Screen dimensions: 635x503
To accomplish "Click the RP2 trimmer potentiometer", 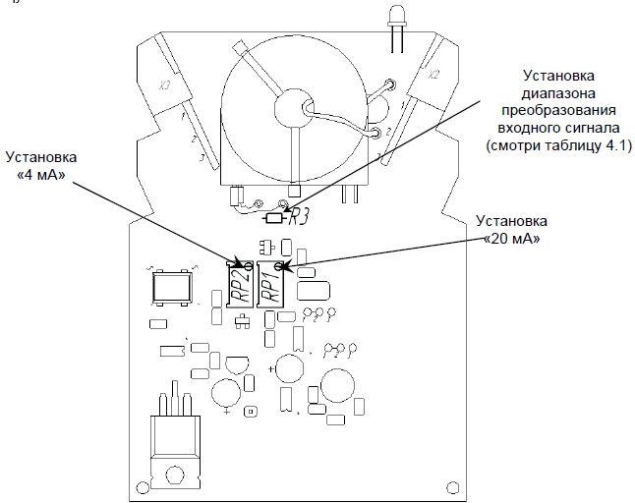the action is (x=239, y=284).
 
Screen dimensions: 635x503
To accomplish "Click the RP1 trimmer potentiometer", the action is (x=271, y=284).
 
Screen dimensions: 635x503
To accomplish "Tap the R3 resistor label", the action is (x=299, y=218).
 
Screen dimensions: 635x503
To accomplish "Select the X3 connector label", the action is (x=164, y=85).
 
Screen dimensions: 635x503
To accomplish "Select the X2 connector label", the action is (x=433, y=75).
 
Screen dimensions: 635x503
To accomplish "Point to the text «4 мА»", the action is (x=42, y=175).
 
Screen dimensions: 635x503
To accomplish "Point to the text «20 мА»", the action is (x=512, y=239).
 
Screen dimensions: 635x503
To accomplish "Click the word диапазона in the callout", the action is (x=558, y=93).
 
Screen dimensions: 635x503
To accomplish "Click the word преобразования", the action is (x=558, y=110).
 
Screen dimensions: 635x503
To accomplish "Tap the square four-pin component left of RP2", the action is (x=171, y=287).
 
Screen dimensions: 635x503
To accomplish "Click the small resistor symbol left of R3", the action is (x=274, y=218).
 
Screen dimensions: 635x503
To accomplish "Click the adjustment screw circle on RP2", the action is (x=248, y=266).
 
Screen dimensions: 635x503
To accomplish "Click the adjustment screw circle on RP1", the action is (x=278, y=266).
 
